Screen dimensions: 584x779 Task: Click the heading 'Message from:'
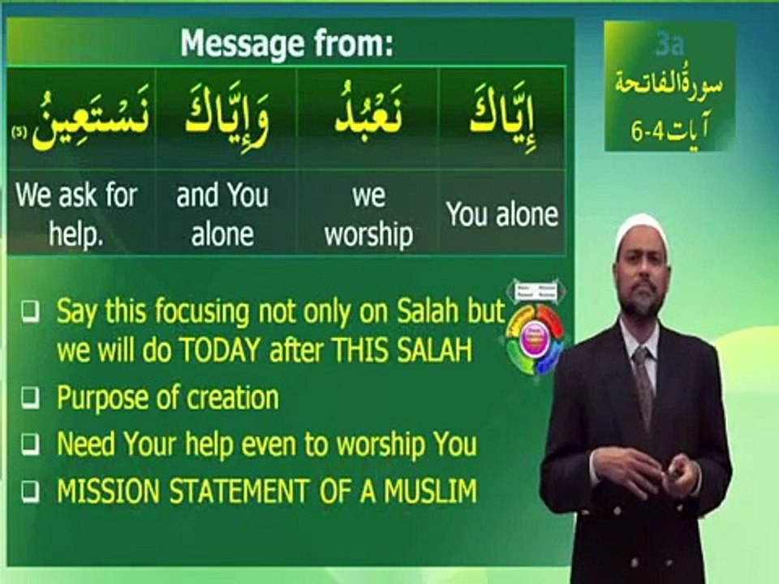coord(286,43)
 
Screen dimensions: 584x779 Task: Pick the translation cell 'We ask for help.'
coord(78,214)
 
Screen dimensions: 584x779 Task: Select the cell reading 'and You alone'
coord(222,214)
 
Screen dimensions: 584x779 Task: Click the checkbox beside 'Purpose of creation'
coord(29,398)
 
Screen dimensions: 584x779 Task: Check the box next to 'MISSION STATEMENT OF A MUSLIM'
coord(29,491)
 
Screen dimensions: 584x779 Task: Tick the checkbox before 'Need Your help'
coord(29,444)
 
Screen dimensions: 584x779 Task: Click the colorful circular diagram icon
coord(535,332)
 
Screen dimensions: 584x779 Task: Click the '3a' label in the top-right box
coord(669,45)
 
